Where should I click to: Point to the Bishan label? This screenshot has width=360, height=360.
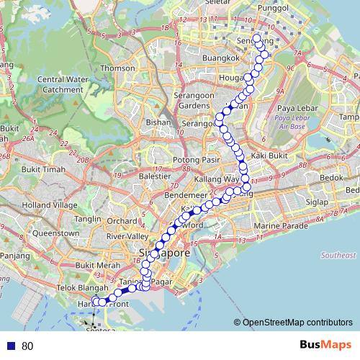click(x=157, y=122)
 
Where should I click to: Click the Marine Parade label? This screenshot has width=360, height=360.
click(x=277, y=226)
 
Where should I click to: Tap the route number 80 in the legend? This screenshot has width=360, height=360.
click(x=27, y=346)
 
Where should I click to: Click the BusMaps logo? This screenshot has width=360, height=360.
click(x=325, y=346)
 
